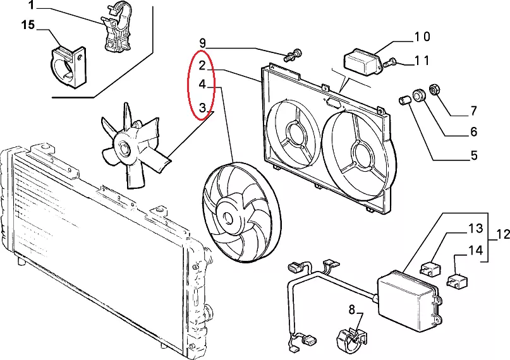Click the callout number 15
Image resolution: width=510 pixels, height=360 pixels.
[x=28, y=25]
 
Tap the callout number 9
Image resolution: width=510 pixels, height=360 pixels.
[x=202, y=43]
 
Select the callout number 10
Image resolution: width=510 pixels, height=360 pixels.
[x=422, y=37]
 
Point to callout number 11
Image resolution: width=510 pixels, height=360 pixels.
[x=422, y=61]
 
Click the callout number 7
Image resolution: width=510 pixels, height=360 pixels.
[x=473, y=111]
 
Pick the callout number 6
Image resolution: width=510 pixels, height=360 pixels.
[x=473, y=131]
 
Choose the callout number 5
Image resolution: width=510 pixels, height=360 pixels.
[x=474, y=155]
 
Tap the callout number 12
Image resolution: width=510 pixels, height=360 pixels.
[x=503, y=234]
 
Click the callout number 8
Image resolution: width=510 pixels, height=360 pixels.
[x=351, y=309]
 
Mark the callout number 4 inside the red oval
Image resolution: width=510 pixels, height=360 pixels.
[x=202, y=84]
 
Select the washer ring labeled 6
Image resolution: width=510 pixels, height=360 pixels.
[x=419, y=94]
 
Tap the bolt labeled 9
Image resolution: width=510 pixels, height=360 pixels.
[x=293, y=55]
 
